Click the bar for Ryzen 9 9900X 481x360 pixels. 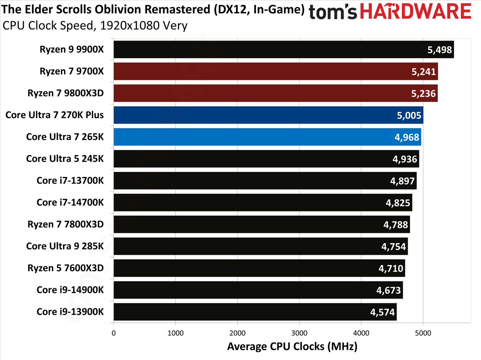click(x=284, y=50)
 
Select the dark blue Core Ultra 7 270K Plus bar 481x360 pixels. click(x=268, y=115)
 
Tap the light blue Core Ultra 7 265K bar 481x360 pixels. click(x=267, y=137)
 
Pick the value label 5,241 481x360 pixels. click(x=424, y=72)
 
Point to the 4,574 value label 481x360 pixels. click(x=383, y=312)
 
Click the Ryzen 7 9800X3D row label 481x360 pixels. click(x=65, y=93)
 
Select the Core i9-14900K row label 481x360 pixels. click(x=70, y=290)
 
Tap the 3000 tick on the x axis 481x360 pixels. click(x=299, y=333)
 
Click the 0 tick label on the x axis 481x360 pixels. click(x=113, y=333)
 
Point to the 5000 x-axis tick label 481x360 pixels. click(x=423, y=333)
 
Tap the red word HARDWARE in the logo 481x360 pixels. click(x=416, y=11)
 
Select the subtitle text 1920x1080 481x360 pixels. click(x=130, y=26)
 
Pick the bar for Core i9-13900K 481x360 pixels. click(x=255, y=312)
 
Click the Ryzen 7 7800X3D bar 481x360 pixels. click(x=262, y=224)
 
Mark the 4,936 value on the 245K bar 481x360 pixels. click(x=405, y=159)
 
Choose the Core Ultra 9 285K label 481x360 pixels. click(x=65, y=246)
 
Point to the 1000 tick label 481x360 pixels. click(x=175, y=333)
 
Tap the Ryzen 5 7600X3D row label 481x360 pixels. click(x=65, y=268)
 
